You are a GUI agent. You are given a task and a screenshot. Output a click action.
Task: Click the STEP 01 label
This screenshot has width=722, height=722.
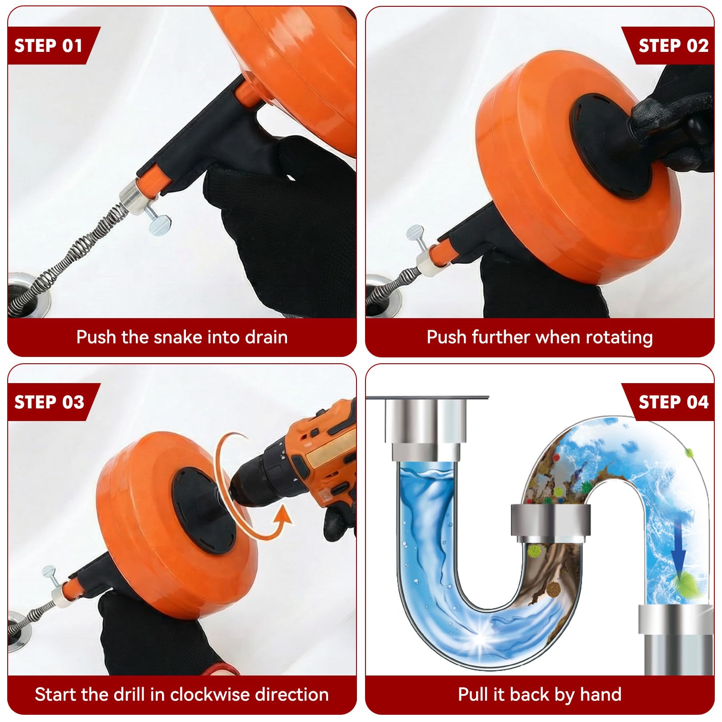48,46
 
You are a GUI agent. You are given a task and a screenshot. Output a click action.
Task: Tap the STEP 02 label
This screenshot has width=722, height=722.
673,46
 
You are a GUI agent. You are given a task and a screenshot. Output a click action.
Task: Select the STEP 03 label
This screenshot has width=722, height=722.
49,402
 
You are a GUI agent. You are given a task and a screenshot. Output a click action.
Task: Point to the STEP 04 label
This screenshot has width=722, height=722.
673,402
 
